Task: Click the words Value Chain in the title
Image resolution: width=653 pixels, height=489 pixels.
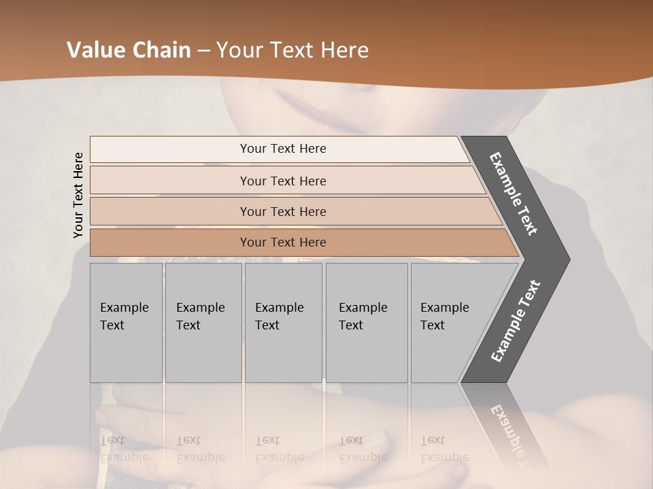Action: (129, 50)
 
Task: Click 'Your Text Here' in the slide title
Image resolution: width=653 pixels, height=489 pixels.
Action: (292, 50)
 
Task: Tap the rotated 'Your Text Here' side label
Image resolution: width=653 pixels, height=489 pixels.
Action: (78, 196)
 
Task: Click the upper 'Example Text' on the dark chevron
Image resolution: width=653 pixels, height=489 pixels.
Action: (514, 194)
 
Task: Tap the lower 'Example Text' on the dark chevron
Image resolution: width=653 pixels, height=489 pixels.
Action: (516, 321)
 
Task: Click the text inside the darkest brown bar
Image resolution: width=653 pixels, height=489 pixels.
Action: (283, 242)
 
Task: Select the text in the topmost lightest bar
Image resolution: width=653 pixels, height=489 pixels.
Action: (283, 149)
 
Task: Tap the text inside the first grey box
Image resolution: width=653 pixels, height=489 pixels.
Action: (124, 316)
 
